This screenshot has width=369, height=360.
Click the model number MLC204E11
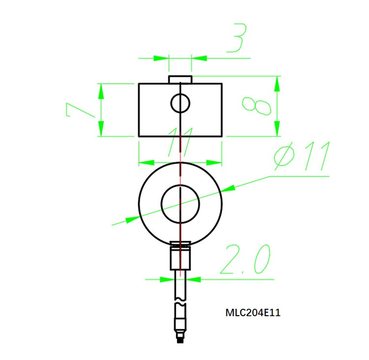point(253,312)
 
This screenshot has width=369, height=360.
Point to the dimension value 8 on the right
point(256,105)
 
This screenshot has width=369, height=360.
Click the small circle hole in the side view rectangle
point(181,103)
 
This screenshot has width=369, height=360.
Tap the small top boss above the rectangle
point(180,79)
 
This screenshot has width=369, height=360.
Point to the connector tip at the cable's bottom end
point(181,338)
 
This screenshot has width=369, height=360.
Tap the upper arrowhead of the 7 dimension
point(101,90)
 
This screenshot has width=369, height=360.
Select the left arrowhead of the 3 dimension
point(162,58)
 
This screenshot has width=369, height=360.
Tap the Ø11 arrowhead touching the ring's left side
point(133,219)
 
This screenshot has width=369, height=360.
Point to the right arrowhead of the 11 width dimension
point(215,162)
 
